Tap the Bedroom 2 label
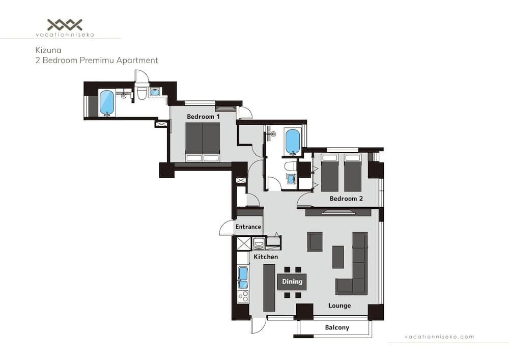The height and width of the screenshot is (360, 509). click(x=346, y=199)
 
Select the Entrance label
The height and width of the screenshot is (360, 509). click(x=248, y=227)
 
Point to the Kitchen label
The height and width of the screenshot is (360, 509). click(x=266, y=257)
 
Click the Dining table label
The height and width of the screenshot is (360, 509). click(x=292, y=282)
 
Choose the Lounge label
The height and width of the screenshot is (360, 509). click(x=340, y=306)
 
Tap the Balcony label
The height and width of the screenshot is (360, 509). click(x=337, y=327)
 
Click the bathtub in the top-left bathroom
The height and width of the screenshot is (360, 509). click(x=107, y=102)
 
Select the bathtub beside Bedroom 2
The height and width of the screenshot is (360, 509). click(x=293, y=141)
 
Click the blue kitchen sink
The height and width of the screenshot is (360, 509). click(x=243, y=278)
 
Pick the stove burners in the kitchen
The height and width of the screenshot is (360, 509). click(x=243, y=296)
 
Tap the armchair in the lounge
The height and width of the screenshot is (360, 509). click(x=315, y=241)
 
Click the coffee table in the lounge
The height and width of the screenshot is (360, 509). click(x=338, y=257)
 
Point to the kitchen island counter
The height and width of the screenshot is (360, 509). click(x=269, y=288)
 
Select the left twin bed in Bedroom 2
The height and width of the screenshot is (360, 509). click(x=330, y=173)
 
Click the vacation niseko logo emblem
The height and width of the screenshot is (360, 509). click(x=65, y=24)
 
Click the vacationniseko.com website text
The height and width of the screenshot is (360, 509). click(x=439, y=337)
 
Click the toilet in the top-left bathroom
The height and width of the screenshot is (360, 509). click(x=142, y=94)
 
